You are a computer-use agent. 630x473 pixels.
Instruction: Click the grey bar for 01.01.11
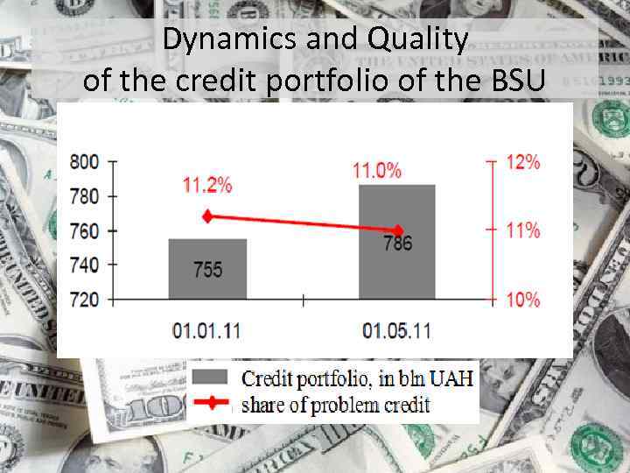coord(207,268)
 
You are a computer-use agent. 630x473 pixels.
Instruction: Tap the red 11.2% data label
coord(207,185)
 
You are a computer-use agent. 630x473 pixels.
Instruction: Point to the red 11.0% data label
coord(378,169)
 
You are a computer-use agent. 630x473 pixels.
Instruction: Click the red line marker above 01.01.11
coord(207,216)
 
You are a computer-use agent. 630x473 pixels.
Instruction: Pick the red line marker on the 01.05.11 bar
coord(399,230)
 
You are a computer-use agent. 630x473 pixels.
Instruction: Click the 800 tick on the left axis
coord(86,162)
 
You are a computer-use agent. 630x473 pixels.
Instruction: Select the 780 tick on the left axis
coord(86,196)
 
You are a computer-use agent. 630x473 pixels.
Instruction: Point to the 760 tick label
coord(86,231)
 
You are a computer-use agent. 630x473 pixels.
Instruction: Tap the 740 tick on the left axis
coord(86,265)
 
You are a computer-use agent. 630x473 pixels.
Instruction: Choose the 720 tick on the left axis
coord(86,300)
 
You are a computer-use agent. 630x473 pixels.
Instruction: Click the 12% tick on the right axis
coord(523,162)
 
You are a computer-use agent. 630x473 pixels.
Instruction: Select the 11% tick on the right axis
coord(523,230)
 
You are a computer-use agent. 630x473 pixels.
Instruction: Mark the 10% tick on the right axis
coord(523,300)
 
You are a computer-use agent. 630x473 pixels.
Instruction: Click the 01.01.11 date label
coord(207,332)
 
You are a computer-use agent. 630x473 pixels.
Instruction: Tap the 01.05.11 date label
coord(396,332)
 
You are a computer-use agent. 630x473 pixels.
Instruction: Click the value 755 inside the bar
coord(207,270)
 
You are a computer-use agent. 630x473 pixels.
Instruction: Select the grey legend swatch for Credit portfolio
coord(210,379)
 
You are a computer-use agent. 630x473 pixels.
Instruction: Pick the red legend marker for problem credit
coord(210,404)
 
